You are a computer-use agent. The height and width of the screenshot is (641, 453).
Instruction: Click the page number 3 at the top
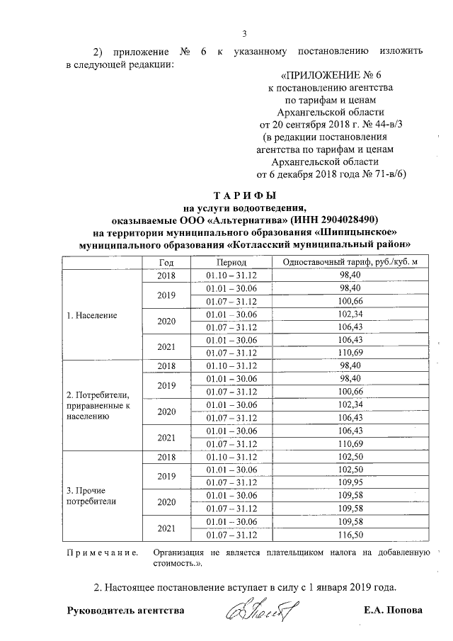point(244,33)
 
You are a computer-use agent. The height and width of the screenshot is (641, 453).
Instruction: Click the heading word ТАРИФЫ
point(244,195)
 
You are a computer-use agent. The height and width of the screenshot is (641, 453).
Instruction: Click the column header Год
point(166,262)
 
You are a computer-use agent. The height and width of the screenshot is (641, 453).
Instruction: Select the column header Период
point(231,262)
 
